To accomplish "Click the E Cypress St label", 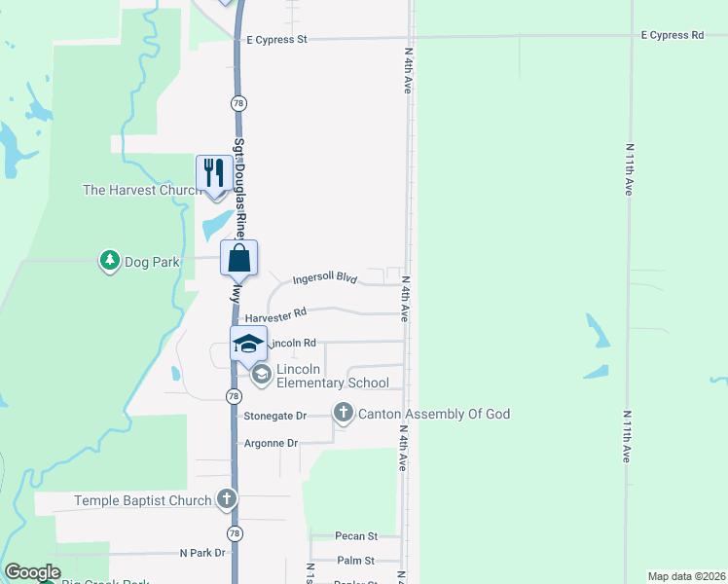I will pos(273,40).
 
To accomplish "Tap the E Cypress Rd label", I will pos(672,35).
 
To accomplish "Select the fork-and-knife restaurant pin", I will pos(212,173).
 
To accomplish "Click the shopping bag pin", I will pos(238,259).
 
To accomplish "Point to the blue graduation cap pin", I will pos(247,343).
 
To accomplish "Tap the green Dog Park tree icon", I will pos(109,260).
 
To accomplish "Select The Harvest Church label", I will pos(142,190).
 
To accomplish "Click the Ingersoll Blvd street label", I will pos(325,277).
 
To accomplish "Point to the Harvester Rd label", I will pos(275,316).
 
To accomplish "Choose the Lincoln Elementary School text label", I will pos(332,376).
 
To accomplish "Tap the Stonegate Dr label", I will pos(275,416).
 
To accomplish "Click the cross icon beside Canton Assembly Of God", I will pos(343,414).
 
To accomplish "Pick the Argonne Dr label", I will pos(273,443).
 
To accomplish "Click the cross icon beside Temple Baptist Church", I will pos(226,500).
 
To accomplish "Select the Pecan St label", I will pos(355,536).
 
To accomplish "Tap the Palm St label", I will pos(355,561).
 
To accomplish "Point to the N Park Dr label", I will pos(202,553).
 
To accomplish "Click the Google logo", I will pos(32,572).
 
